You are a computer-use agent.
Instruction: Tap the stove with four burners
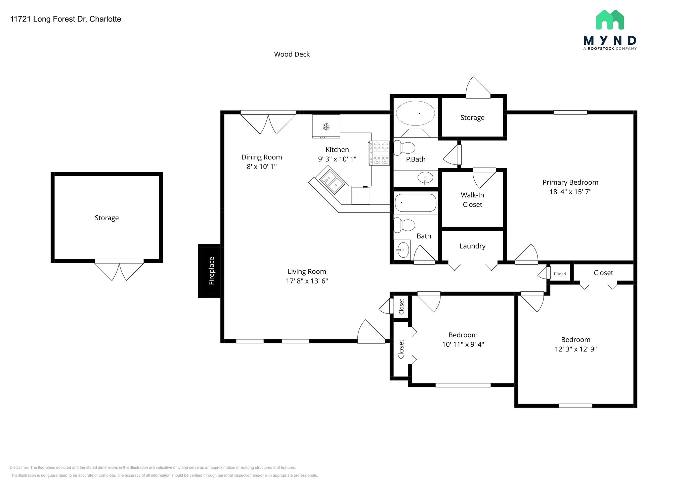tap(379, 153)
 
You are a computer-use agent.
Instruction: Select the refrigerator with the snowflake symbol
tap(326, 126)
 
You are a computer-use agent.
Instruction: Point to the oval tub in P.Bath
tap(416, 113)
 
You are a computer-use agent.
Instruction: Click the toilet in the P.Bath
tap(404, 148)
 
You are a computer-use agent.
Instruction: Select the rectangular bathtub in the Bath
tap(416, 203)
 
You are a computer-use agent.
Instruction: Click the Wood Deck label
tap(292, 54)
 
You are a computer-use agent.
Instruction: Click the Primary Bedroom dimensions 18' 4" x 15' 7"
tap(570, 192)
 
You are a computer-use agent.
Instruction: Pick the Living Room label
tap(307, 271)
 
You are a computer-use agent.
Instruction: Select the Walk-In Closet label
tap(472, 200)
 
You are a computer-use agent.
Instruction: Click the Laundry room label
tap(472, 246)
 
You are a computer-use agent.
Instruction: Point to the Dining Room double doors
tap(268, 122)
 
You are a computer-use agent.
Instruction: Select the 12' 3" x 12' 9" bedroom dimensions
tap(575, 349)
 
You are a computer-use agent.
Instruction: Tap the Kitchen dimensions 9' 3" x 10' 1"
tap(337, 159)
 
